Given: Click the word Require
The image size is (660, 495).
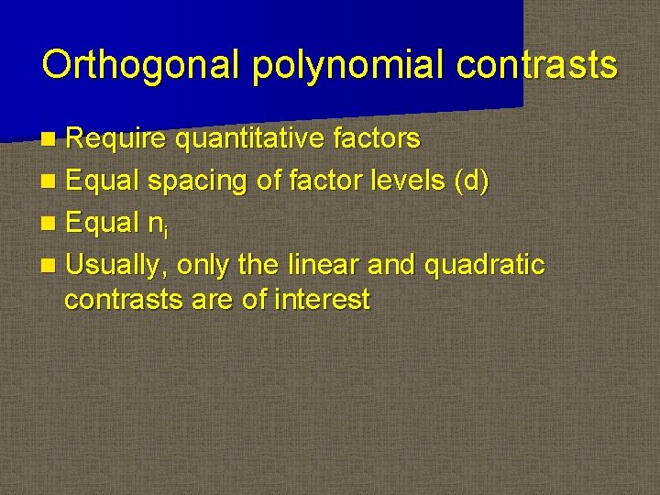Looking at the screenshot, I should point(116,139).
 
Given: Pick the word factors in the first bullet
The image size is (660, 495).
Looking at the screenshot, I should point(375,139).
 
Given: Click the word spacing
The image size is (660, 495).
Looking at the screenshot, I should point(197,181).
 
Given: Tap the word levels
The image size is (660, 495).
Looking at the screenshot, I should point(404,181).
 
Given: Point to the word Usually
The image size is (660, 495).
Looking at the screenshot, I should point(117,266).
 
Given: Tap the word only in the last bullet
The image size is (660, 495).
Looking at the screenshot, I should point(204,266).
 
